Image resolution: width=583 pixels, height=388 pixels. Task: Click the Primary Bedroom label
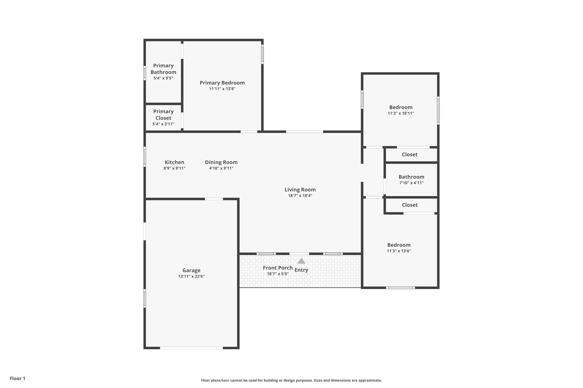[222, 83]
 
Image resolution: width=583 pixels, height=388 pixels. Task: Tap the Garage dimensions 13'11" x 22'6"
[191, 276]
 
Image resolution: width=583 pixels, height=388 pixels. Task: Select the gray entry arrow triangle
[301, 261]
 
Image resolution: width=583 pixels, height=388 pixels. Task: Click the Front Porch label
[278, 268]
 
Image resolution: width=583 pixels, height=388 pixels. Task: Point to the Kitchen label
[174, 162]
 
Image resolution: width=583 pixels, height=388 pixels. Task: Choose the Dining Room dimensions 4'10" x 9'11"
[221, 168]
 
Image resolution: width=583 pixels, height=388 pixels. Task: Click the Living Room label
[300, 190]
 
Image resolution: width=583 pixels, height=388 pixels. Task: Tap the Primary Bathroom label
[163, 69]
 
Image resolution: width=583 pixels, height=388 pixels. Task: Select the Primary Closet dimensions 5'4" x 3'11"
[163, 124]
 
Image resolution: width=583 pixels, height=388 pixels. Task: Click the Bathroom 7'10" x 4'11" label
[411, 177]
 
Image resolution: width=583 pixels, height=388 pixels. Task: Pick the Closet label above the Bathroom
[409, 155]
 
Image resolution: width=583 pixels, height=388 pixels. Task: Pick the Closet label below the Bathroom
[410, 205]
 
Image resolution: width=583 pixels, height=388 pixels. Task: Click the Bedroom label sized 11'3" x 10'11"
[401, 107]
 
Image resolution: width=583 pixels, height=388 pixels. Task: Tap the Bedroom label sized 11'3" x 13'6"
[399, 245]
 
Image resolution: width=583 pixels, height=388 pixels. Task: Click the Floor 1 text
[17, 378]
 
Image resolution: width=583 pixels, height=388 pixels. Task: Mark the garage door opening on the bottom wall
[191, 348]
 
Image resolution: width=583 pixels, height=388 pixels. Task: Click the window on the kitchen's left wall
[145, 156]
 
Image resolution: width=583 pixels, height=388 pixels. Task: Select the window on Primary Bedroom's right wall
[262, 54]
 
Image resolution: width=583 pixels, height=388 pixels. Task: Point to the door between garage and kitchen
[214, 199]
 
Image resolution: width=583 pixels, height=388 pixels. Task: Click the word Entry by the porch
[301, 270]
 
